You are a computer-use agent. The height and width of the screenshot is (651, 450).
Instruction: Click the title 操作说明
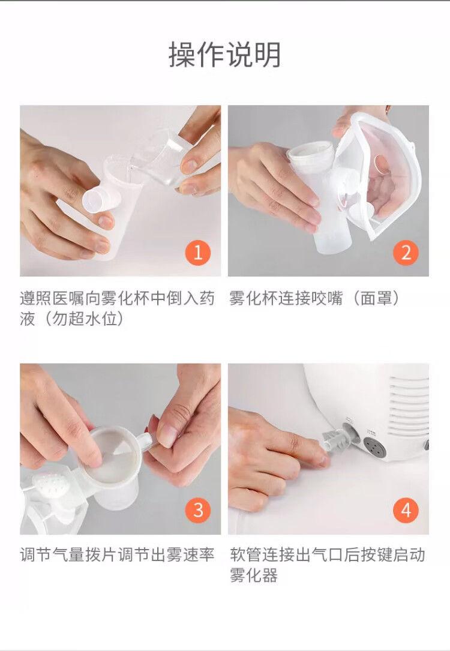coord(224,55)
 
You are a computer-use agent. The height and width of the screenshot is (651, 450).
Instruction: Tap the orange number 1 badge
coord(198,253)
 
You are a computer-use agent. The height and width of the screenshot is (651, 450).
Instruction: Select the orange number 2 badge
coord(406,253)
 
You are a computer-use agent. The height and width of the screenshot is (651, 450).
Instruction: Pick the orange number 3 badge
coord(198,510)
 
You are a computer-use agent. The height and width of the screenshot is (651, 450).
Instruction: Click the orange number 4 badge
coord(406,510)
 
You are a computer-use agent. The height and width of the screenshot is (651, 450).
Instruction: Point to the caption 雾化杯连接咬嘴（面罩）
coord(314,298)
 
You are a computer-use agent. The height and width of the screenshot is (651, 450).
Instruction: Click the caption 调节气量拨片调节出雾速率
coord(117,554)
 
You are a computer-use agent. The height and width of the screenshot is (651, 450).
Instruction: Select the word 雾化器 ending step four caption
coord(254,575)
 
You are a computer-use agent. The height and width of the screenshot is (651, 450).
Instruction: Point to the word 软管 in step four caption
coord(246,554)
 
